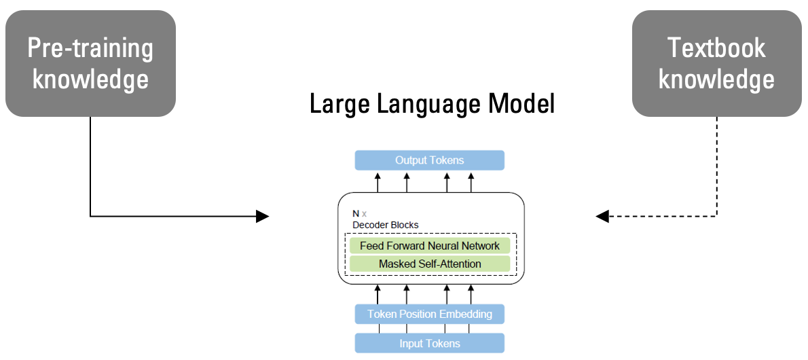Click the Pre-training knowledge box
tap(90, 63)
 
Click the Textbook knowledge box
tap(716, 63)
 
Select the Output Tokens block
tap(429, 160)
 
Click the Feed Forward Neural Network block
tap(429, 246)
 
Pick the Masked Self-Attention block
tap(429, 264)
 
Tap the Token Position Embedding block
tap(429, 314)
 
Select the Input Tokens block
tap(429, 343)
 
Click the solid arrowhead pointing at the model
tap(262, 217)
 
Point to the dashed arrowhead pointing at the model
tap(602, 217)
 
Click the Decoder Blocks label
tap(385, 225)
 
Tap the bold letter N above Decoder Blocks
tap(356, 213)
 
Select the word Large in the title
tap(339, 104)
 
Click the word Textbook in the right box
tap(716, 48)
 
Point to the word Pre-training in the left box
tap(90, 48)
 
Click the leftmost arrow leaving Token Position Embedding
tap(378, 293)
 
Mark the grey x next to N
tap(365, 214)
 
